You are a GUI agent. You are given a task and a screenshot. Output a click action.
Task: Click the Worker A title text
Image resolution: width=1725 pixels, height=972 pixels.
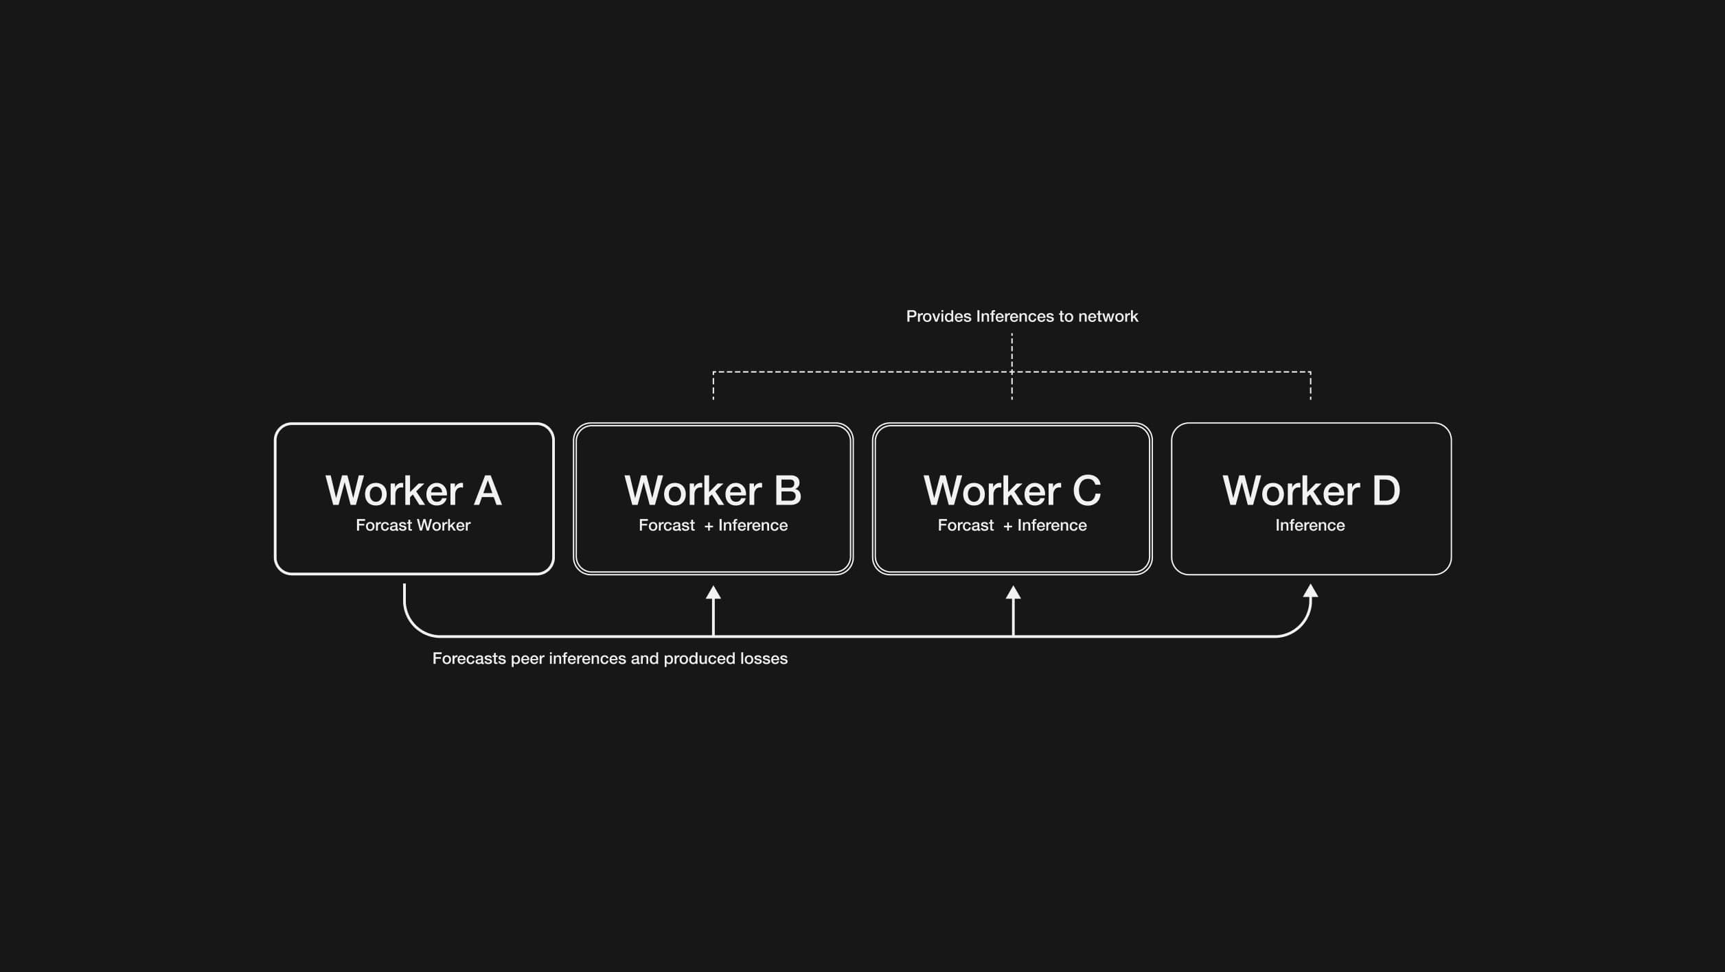[x=413, y=490]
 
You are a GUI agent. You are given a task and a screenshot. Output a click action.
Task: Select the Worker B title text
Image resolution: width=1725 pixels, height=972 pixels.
[x=713, y=490]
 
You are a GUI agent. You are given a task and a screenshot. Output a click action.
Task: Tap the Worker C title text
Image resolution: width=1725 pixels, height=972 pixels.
[x=1012, y=490]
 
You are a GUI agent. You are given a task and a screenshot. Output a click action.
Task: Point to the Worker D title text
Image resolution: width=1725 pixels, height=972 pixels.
[x=1311, y=490]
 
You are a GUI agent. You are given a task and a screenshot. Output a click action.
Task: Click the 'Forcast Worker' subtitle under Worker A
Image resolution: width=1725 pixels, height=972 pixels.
[x=413, y=525]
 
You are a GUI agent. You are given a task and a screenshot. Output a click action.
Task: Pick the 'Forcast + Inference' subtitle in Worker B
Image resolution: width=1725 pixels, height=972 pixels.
[x=713, y=525]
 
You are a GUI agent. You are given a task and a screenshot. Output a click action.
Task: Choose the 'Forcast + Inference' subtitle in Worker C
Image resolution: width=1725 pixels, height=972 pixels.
[x=1012, y=525]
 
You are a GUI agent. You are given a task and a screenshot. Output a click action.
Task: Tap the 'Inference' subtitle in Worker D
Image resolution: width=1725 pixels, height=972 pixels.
[x=1310, y=525]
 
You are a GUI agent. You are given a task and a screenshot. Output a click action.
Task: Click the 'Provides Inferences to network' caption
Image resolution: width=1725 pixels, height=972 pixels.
[x=1022, y=316]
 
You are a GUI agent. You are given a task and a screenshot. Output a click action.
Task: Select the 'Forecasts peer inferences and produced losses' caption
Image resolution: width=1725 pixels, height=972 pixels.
[x=610, y=658]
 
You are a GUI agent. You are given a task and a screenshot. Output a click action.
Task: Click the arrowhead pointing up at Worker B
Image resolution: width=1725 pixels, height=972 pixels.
[x=713, y=592]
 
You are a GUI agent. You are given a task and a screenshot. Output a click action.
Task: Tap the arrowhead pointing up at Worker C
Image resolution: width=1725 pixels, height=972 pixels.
[x=1013, y=592]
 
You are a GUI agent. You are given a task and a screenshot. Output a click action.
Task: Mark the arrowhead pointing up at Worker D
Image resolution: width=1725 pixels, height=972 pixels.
[x=1310, y=591]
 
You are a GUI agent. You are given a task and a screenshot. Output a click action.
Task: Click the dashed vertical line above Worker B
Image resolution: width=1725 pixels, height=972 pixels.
[x=713, y=386]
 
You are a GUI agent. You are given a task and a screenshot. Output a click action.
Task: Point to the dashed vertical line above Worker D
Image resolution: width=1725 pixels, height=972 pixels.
[x=1310, y=386]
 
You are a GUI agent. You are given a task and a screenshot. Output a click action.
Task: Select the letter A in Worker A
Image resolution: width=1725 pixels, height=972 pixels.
[x=488, y=490]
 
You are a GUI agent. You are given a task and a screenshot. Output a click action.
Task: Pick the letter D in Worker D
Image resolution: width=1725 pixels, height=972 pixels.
[x=1386, y=490]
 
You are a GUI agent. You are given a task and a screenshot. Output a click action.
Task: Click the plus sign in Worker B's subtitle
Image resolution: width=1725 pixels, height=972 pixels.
[x=709, y=526]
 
